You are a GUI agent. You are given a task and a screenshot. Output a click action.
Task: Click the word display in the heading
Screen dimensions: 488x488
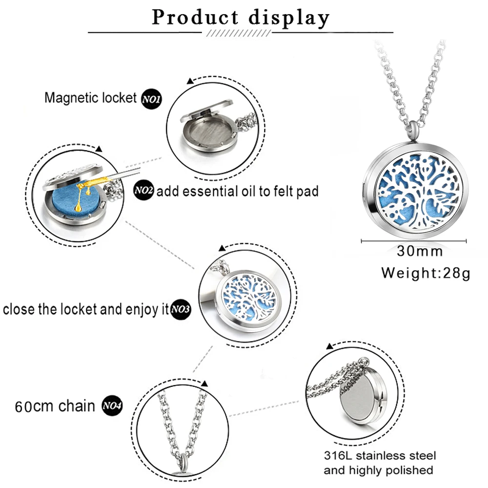click(x=289, y=19)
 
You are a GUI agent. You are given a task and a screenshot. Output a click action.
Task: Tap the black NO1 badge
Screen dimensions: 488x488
click(x=151, y=99)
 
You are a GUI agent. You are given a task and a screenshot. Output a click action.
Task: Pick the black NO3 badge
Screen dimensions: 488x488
click(x=180, y=309)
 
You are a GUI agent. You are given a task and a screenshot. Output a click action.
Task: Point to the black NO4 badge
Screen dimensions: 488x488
click(x=112, y=406)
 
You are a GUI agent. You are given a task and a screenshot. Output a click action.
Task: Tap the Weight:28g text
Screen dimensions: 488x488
click(x=426, y=272)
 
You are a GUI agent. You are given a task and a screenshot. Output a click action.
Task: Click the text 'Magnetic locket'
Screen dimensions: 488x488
click(x=90, y=98)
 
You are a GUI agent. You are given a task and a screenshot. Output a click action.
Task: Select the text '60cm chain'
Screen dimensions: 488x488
click(x=55, y=406)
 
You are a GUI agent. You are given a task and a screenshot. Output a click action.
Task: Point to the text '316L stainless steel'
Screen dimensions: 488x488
click(x=380, y=456)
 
